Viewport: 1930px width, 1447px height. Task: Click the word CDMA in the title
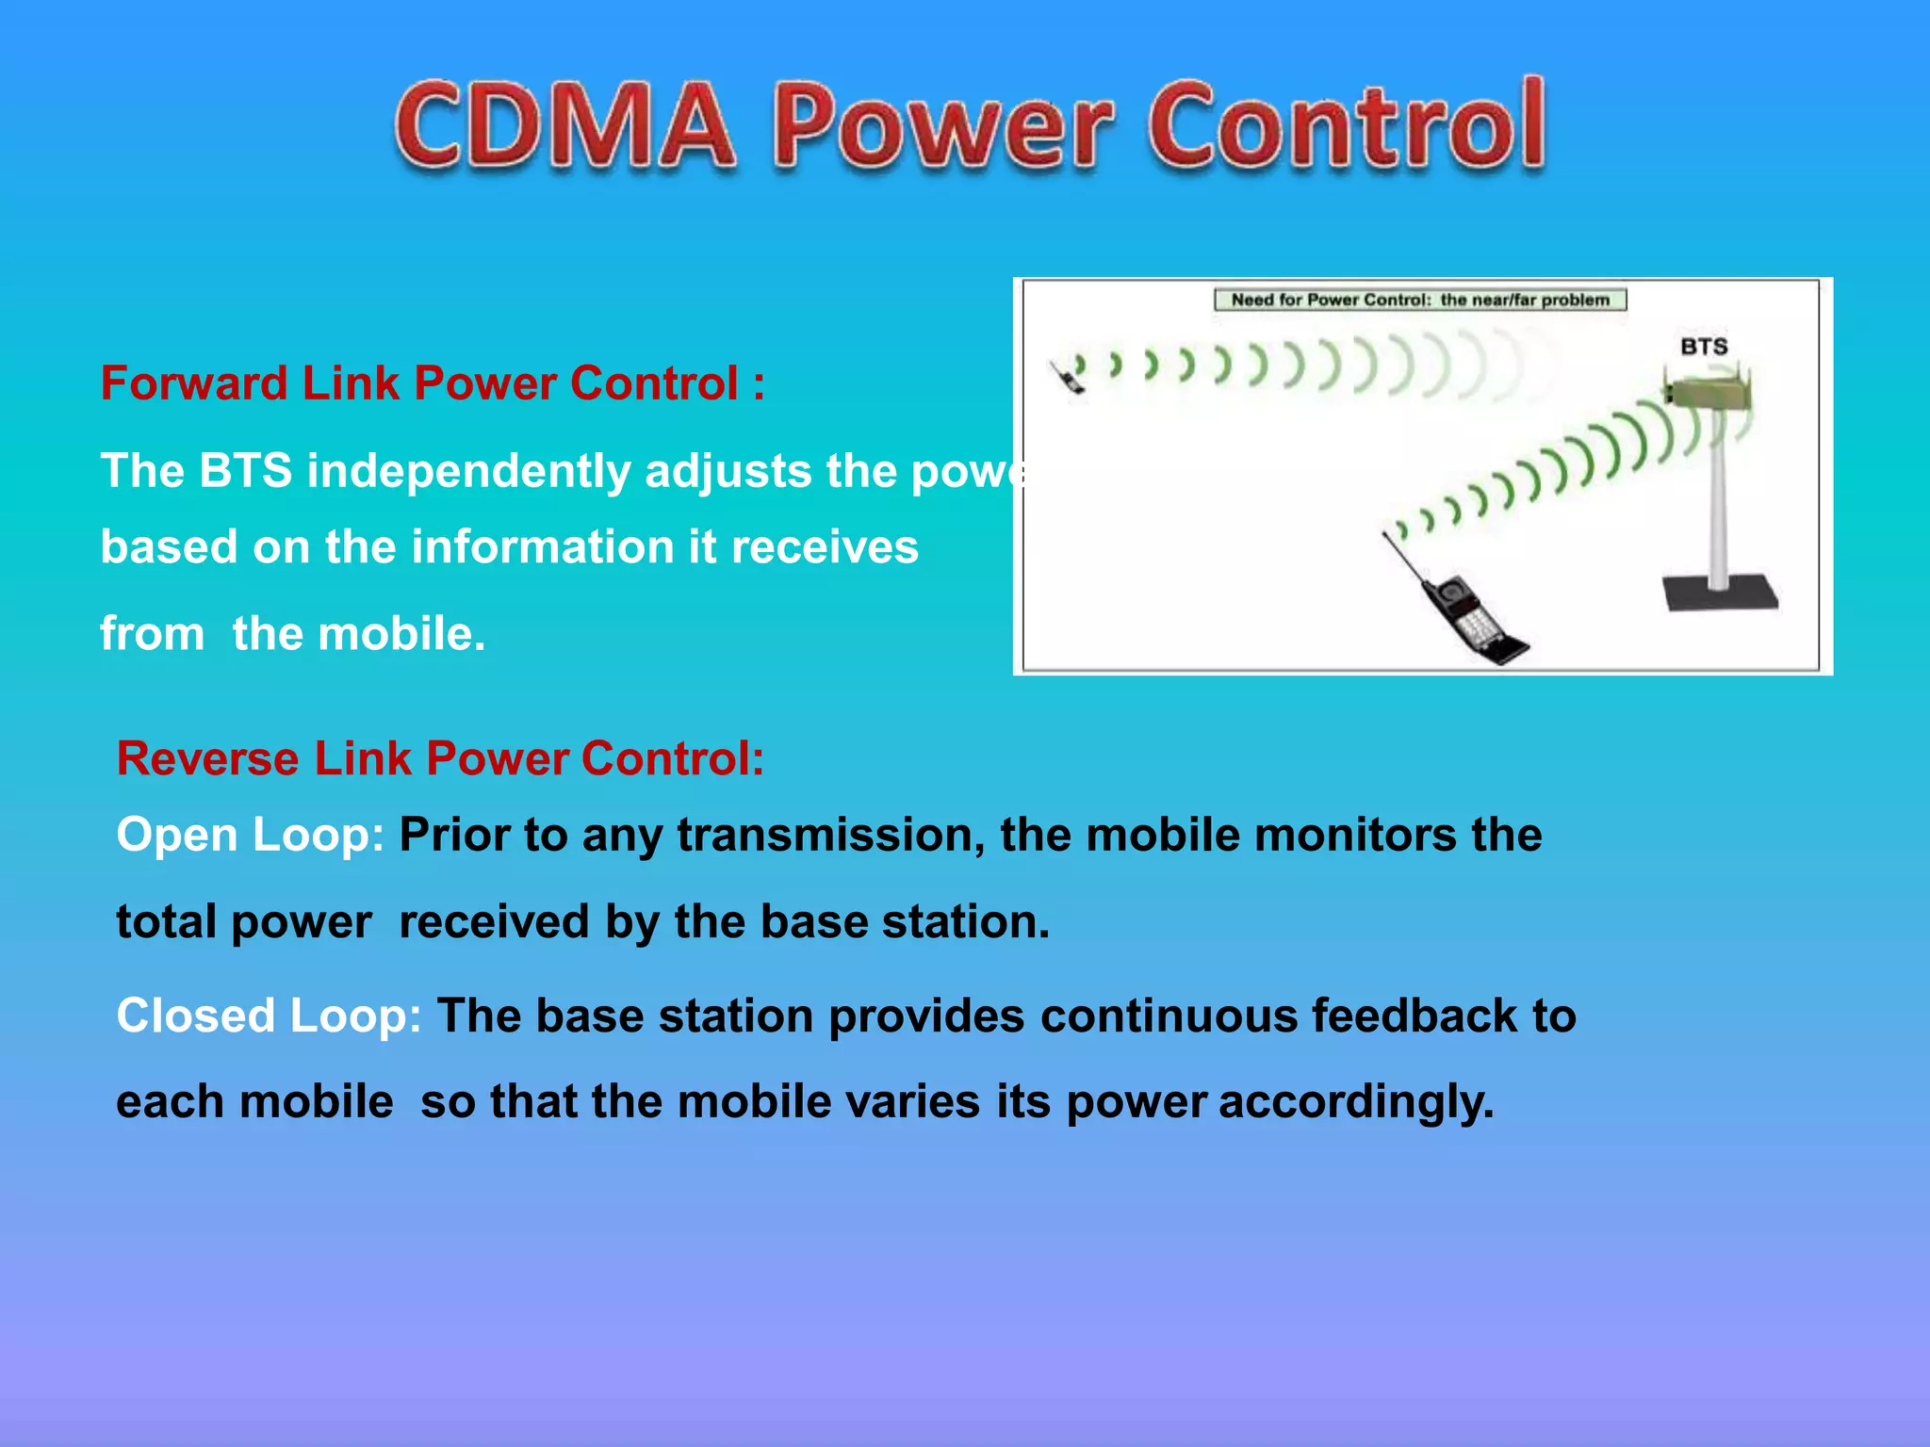(564, 125)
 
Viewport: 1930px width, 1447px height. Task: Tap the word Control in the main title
(1346, 125)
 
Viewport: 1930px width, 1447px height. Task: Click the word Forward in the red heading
(194, 383)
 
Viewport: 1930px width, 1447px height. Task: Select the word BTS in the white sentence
(245, 470)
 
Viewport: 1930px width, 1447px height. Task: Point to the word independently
(468, 470)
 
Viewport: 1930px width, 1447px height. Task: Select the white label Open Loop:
(250, 835)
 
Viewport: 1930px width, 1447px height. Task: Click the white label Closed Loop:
(269, 1016)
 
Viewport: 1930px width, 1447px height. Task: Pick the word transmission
(831, 835)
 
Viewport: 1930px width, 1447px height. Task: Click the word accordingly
(1356, 1102)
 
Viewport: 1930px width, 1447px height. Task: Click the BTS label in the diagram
(1704, 347)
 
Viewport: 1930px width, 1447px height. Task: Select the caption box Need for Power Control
(1420, 300)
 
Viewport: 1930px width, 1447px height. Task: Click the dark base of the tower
(1720, 593)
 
